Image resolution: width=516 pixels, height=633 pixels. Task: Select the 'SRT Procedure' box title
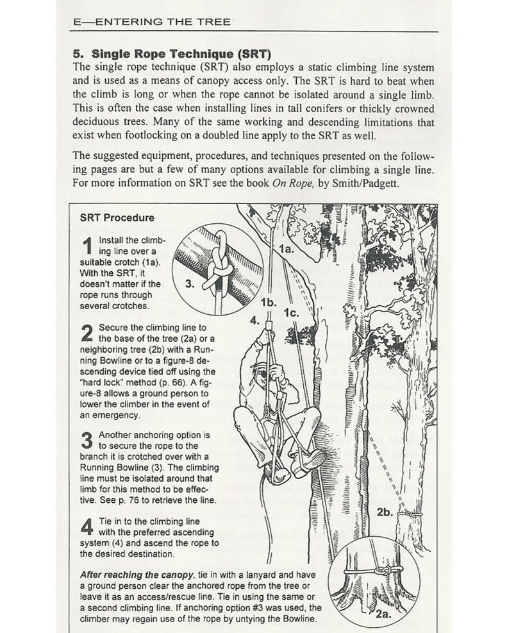(117, 217)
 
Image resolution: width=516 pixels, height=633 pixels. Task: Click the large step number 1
(88, 248)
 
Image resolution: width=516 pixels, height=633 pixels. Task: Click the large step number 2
(88, 333)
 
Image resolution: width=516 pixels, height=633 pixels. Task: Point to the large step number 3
(88, 441)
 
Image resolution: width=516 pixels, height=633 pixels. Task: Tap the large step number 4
(88, 527)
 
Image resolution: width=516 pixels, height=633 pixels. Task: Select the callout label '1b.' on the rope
(269, 301)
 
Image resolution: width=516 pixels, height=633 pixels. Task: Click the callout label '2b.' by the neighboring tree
(385, 513)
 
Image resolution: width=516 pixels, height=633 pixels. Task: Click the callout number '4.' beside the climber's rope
(254, 319)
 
